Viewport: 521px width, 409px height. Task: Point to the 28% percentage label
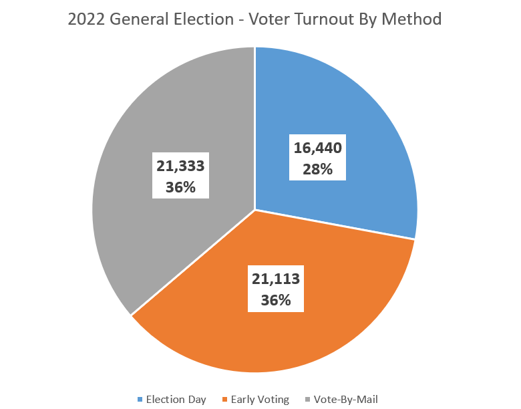317,168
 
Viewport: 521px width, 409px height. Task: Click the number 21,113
276,279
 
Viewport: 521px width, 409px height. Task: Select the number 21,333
180,166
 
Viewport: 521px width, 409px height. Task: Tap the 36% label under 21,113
276,300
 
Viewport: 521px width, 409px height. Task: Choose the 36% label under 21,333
180,187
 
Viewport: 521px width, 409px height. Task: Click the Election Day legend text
176,400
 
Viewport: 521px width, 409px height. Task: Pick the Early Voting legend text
260,400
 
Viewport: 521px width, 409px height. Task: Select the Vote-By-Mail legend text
345,400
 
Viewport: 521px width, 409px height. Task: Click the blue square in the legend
140,400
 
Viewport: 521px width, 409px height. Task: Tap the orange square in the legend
225,400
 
